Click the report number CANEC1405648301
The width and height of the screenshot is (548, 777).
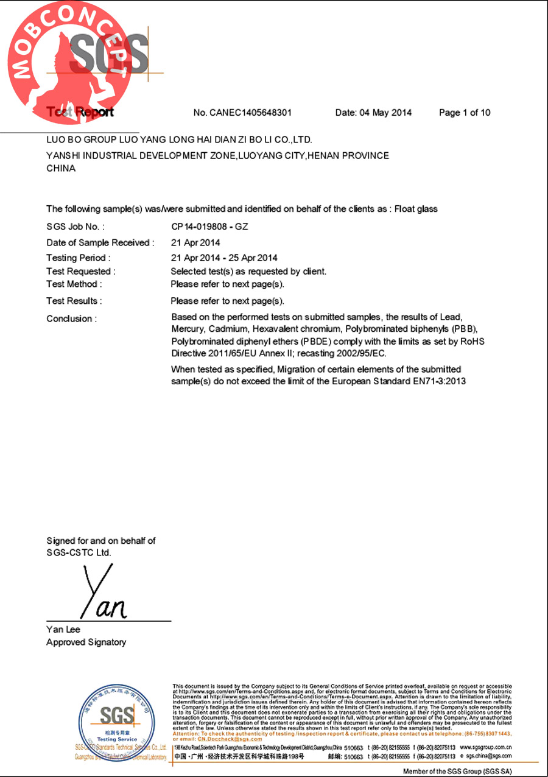[x=251, y=113]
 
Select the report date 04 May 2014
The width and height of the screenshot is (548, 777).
[x=373, y=113]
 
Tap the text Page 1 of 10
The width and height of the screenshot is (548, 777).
[x=465, y=113]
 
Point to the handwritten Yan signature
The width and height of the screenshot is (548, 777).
[x=104, y=594]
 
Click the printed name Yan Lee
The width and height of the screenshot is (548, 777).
[x=63, y=629]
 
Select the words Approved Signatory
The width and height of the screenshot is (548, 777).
[x=86, y=642]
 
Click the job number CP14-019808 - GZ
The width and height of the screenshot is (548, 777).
[x=209, y=227]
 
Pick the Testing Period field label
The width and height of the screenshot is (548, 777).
[x=79, y=258]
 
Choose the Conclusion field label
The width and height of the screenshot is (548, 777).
[x=71, y=318]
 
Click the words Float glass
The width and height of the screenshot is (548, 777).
[x=416, y=209]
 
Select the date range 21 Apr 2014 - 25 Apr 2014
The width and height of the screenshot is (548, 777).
[x=224, y=258]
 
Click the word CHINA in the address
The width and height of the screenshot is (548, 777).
[x=61, y=169]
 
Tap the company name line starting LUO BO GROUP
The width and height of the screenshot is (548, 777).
[x=179, y=139]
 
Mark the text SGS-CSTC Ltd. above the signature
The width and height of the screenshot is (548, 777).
[x=79, y=553]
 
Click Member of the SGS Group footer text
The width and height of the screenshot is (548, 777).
[x=457, y=771]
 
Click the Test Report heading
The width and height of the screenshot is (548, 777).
[x=80, y=113]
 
